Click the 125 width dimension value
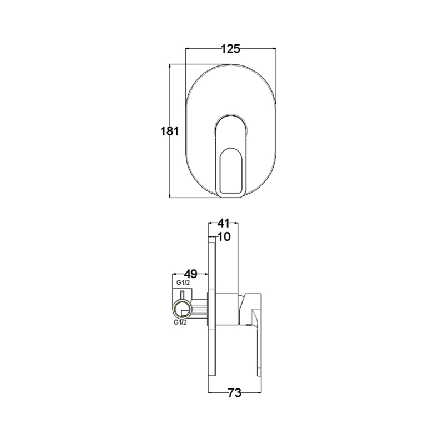(x=230, y=49)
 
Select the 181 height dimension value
(x=170, y=132)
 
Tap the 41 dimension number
(x=223, y=223)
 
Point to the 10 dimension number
(x=224, y=237)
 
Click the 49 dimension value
(x=190, y=274)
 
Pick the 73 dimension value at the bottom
(x=234, y=393)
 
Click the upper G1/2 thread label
(x=183, y=282)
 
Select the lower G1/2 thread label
(x=180, y=322)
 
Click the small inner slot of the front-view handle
(x=231, y=171)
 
